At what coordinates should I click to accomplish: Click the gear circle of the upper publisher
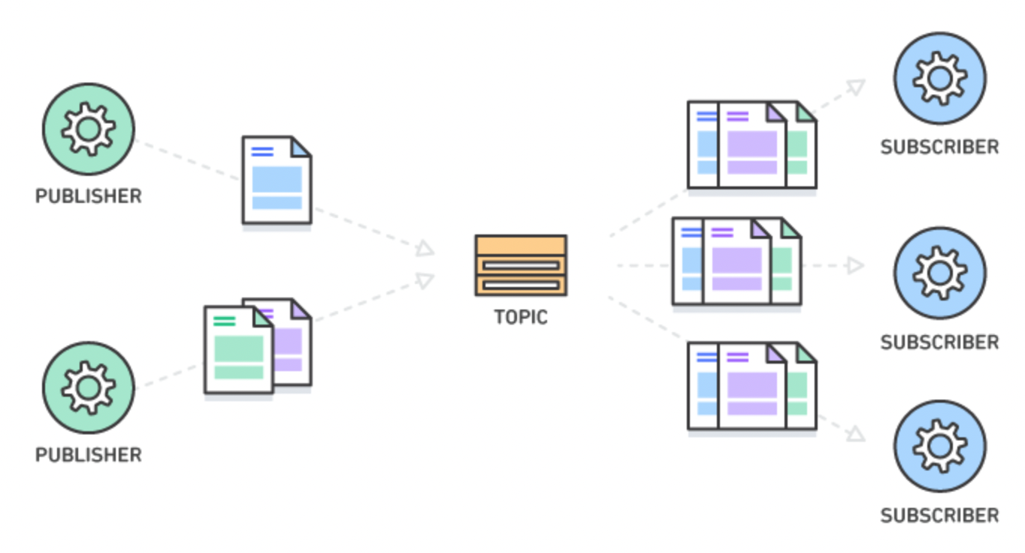89,129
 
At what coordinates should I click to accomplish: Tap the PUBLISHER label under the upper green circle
89,197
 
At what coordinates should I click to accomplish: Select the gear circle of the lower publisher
89,388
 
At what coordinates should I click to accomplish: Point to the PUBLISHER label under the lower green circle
89,455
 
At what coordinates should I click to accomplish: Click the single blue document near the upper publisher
276,180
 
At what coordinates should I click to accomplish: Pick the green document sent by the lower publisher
237,350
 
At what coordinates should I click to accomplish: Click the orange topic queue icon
521,265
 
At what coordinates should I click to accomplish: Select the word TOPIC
521,318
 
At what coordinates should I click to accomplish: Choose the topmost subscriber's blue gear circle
939,78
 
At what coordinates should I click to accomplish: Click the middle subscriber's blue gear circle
939,273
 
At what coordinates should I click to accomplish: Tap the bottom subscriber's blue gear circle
939,446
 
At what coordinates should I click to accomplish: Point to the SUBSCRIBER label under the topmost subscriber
939,147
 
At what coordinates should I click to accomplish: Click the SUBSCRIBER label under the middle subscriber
939,343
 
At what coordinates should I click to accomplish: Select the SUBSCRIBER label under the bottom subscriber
939,515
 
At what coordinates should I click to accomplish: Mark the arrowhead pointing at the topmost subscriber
854,86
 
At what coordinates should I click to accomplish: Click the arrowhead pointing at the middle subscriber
854,265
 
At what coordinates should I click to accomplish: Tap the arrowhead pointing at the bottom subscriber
855,434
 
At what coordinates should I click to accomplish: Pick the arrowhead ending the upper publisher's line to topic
425,249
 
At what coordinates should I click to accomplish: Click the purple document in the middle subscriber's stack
736,262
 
